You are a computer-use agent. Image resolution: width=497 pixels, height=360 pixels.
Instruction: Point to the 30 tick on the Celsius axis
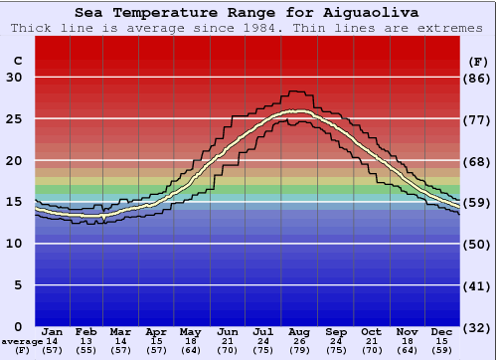(14, 78)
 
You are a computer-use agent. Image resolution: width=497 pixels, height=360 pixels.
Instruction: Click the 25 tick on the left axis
(14, 119)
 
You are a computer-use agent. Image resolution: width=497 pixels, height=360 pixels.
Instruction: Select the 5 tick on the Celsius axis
(17, 285)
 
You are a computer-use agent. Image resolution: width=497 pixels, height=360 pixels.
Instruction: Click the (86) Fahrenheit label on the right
(478, 78)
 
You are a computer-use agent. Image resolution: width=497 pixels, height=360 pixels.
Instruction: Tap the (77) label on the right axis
(478, 119)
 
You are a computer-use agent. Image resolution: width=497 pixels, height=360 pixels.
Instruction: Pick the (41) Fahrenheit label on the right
(478, 285)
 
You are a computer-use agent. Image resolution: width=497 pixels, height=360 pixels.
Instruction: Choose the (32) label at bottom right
(478, 327)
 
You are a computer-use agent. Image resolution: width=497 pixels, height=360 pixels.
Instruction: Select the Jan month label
(54, 331)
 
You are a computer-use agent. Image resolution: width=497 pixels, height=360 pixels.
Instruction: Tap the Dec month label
(442, 331)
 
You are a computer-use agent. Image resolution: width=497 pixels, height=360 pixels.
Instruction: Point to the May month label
(191, 331)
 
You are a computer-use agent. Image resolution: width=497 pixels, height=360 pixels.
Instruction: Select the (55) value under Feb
(87, 350)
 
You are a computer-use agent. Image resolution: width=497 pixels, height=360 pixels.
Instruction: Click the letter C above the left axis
(16, 61)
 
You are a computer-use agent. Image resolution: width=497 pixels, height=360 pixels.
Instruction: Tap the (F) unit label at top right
(478, 61)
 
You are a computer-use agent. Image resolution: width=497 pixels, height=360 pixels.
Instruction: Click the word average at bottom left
(21, 341)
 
